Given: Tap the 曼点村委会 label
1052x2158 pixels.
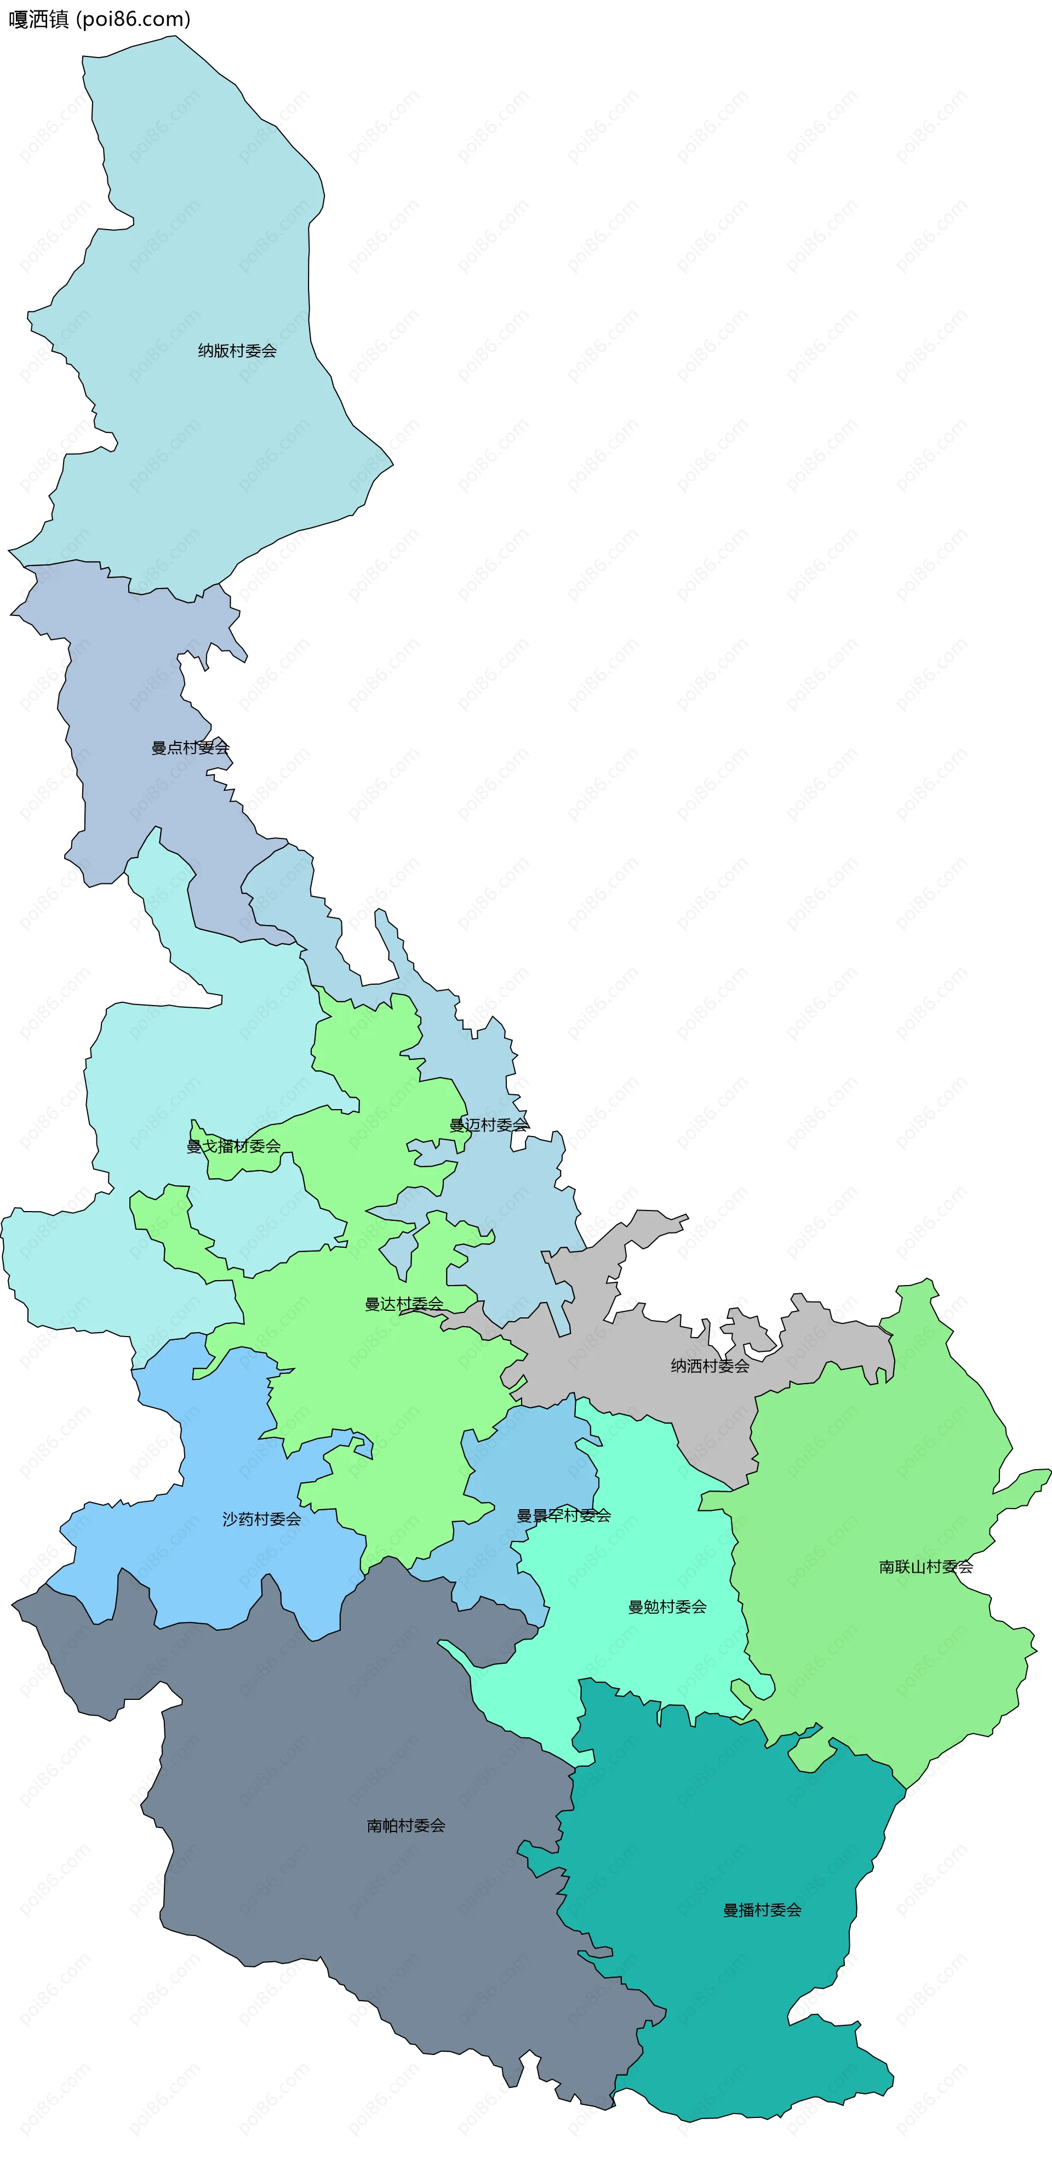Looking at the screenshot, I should click(x=190, y=748).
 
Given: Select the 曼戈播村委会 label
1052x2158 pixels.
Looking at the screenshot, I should click(x=233, y=1146).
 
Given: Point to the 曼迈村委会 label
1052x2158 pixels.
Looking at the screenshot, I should click(x=489, y=1125).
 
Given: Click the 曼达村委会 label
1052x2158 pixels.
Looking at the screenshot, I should click(x=404, y=1304).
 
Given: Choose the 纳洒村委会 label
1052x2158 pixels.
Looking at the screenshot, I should click(x=710, y=1366).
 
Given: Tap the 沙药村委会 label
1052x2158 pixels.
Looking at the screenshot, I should click(x=261, y=1519).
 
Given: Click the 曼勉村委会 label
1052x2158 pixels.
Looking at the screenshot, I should click(x=667, y=1607).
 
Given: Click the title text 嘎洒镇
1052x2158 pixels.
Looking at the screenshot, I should click(x=38, y=19).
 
